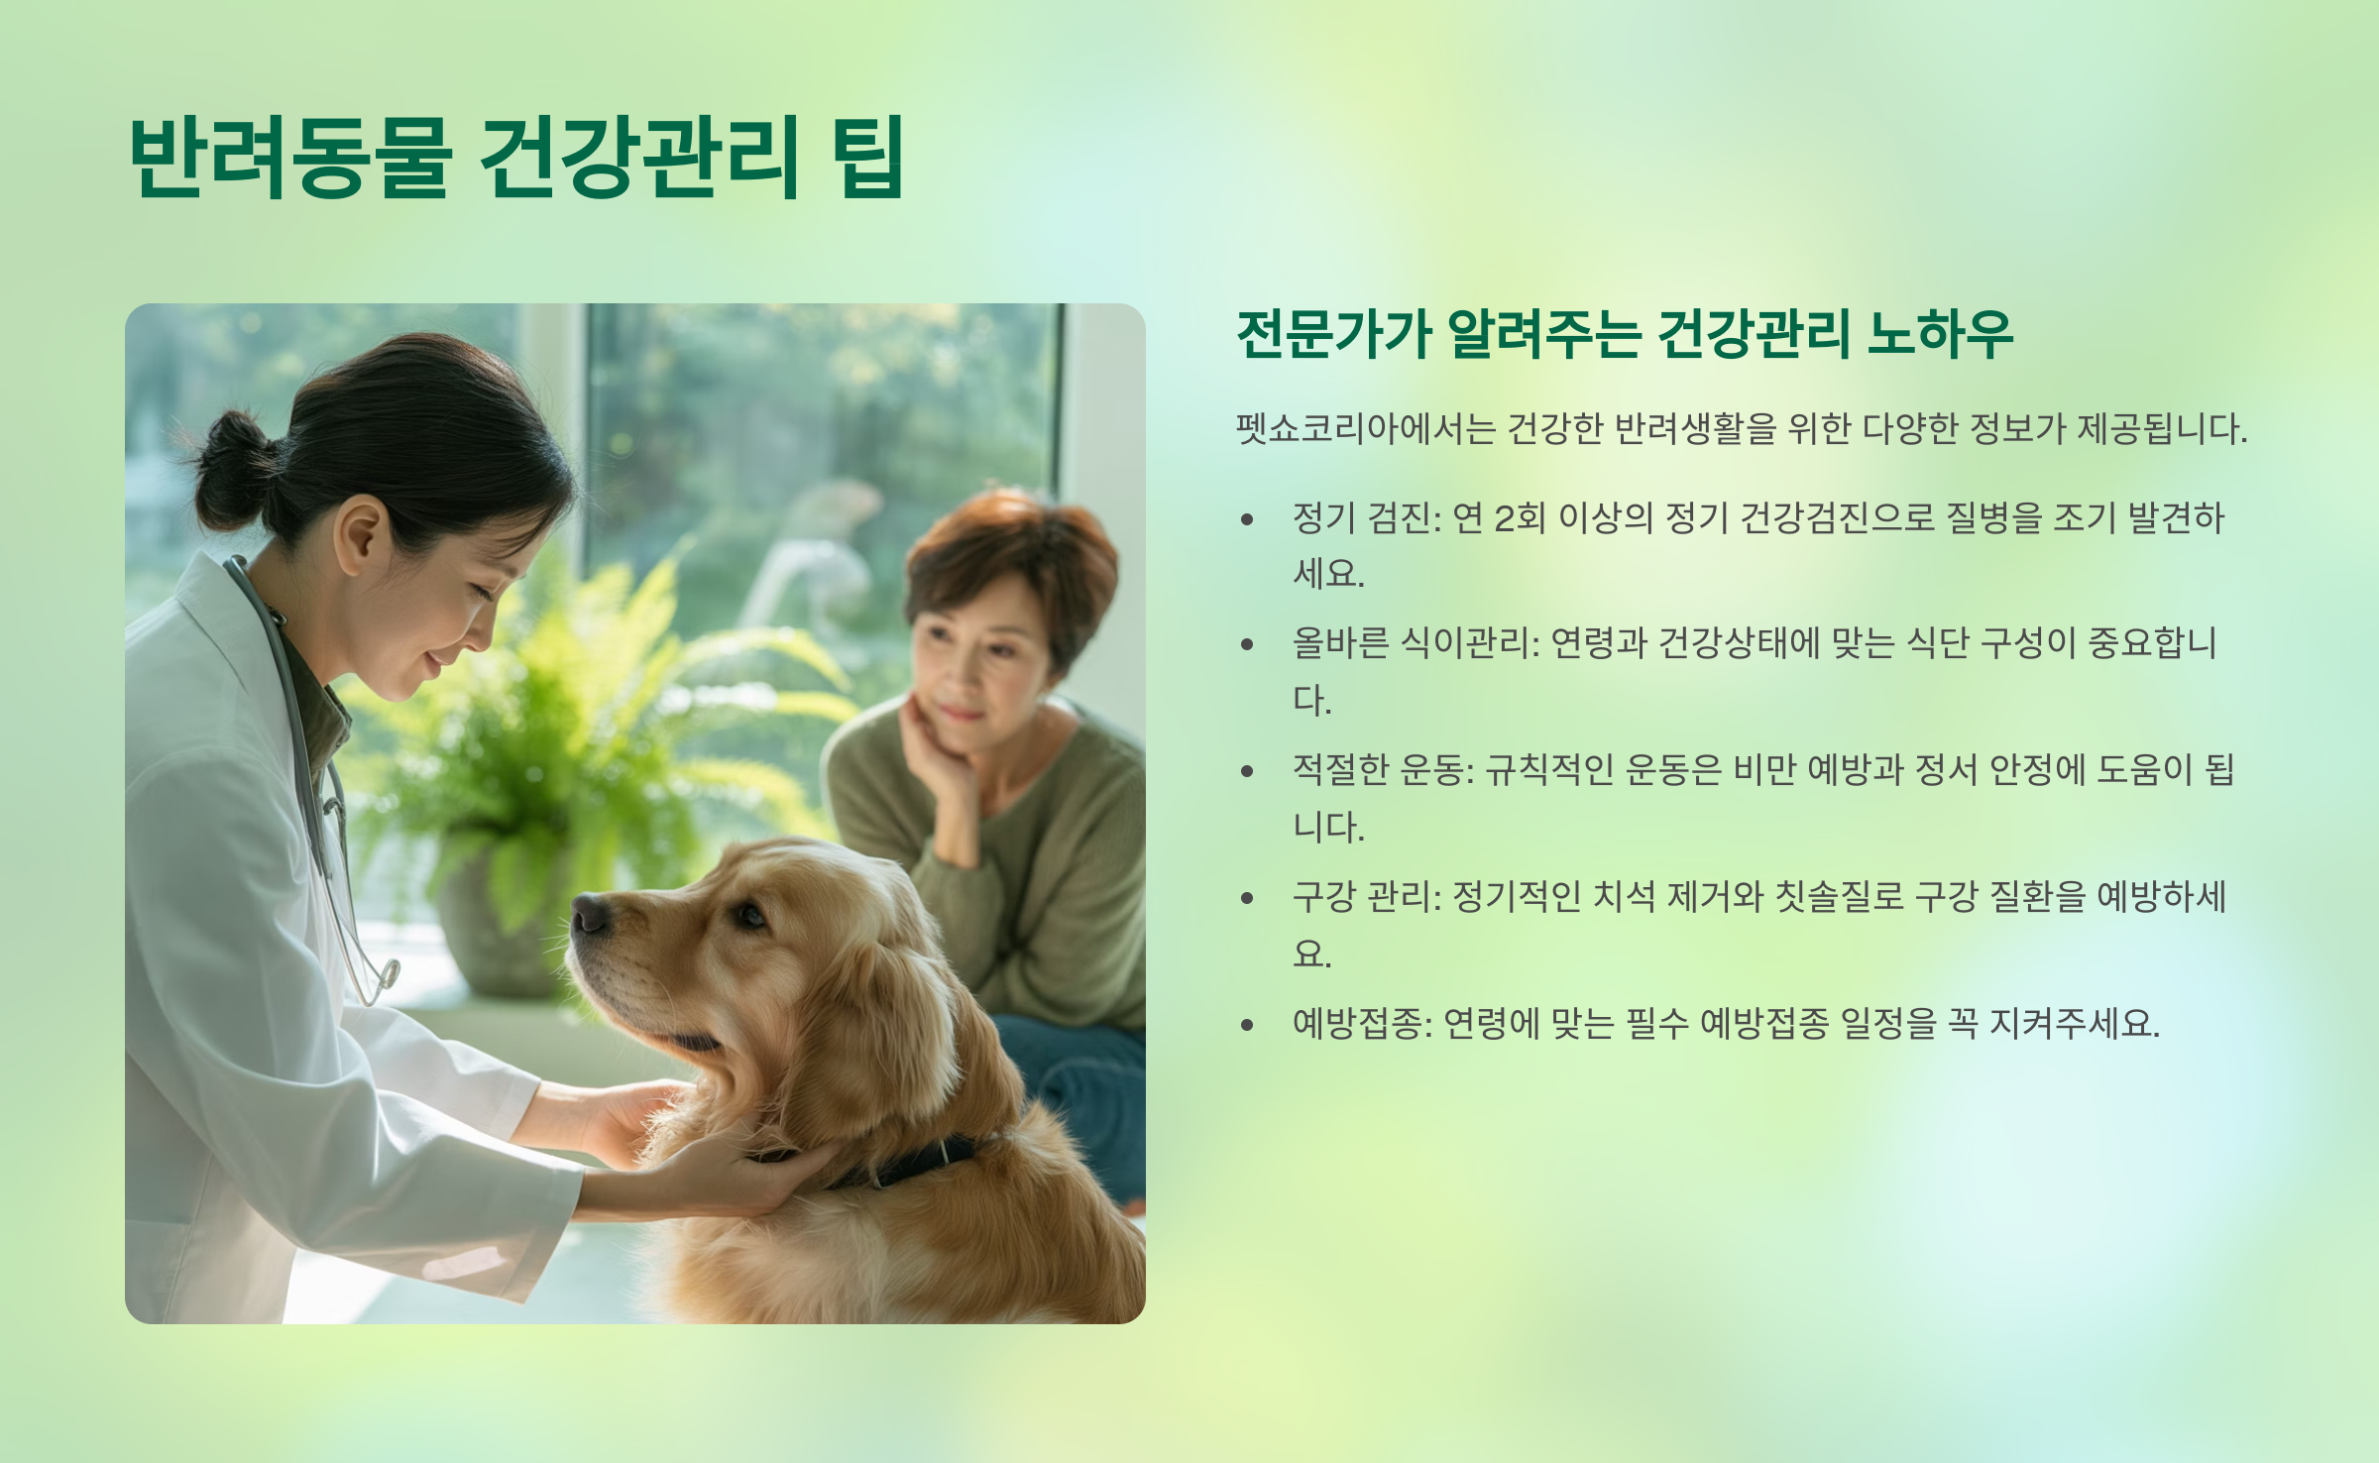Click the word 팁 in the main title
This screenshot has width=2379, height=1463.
point(868,157)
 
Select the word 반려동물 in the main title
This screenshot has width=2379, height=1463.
point(290,157)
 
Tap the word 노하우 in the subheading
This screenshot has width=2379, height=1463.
point(1941,333)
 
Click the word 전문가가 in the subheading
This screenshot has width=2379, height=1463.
point(1334,333)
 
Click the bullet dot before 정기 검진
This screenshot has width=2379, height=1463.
point(1247,518)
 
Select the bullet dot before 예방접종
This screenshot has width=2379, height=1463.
point(1247,1024)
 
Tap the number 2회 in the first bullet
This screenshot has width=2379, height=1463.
point(1520,517)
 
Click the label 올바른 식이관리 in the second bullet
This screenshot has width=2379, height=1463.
point(1412,643)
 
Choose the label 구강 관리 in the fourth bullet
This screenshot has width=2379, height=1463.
point(1362,897)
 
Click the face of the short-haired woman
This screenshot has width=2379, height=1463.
point(976,649)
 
